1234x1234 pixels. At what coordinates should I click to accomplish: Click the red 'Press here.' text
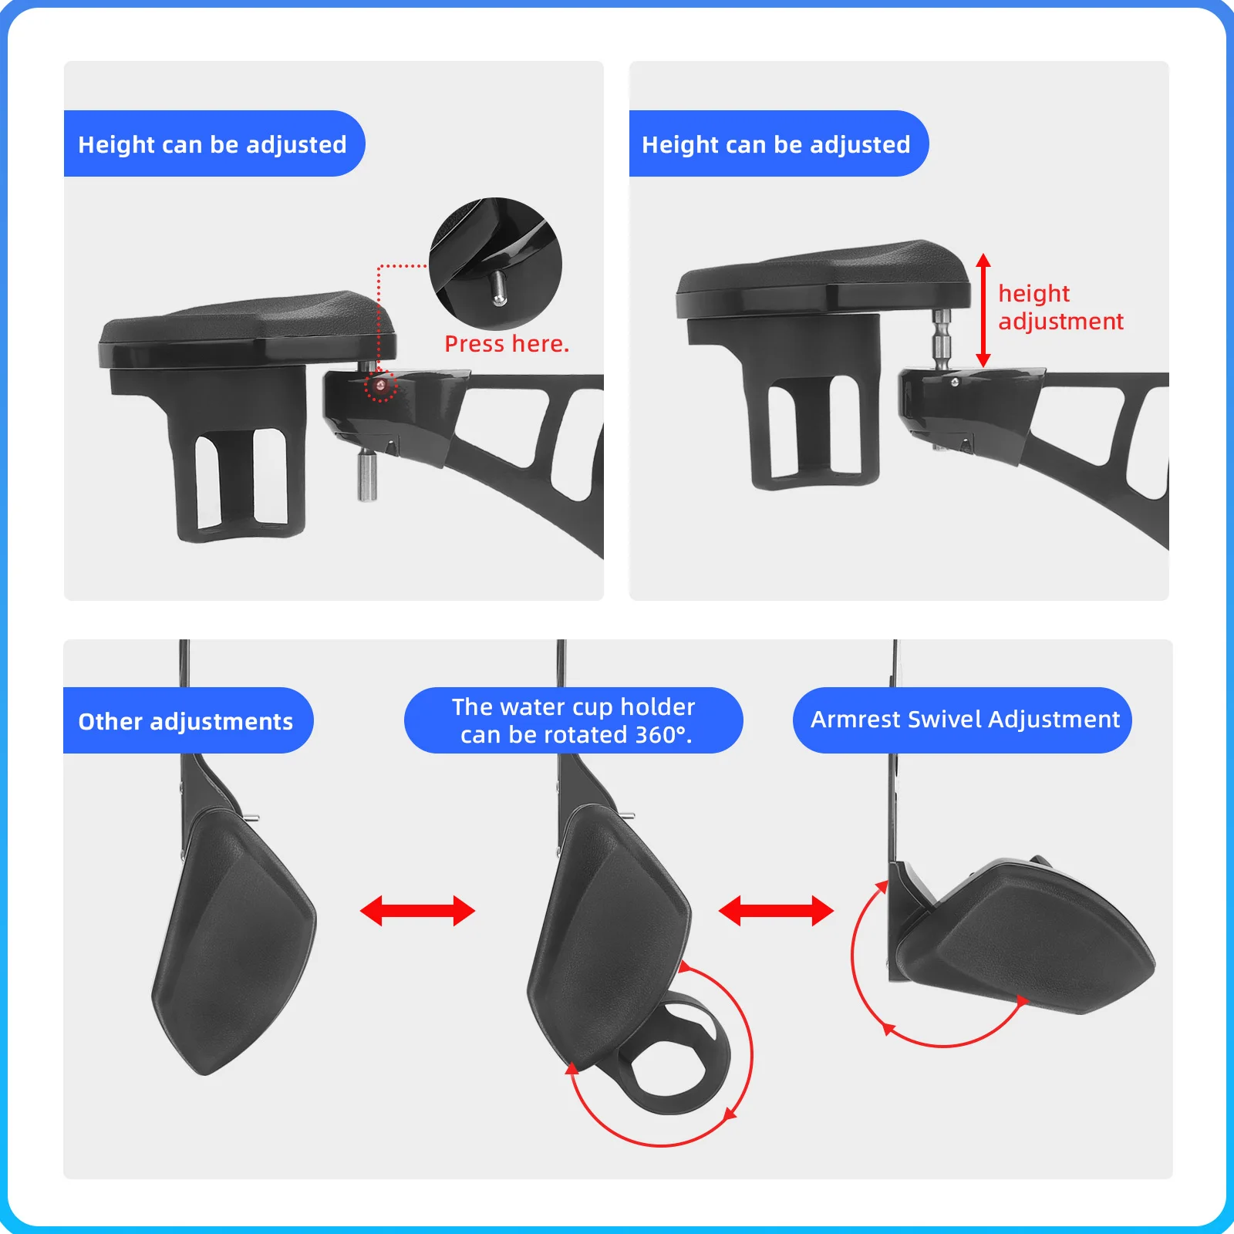click(507, 344)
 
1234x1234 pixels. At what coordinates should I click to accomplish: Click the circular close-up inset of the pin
click(495, 264)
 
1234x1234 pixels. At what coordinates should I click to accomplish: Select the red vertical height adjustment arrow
click(983, 310)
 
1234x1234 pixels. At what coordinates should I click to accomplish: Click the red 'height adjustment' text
click(1060, 307)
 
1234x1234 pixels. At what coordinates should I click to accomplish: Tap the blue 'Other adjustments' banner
click(187, 720)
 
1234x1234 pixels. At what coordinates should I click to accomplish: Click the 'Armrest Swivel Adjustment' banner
click(963, 720)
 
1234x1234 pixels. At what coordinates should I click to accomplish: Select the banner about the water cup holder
click(573, 720)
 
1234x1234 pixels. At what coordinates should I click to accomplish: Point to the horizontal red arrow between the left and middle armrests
click(417, 911)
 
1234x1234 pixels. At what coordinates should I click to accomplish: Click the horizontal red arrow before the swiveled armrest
click(776, 911)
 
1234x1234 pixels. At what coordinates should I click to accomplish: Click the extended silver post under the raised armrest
click(942, 339)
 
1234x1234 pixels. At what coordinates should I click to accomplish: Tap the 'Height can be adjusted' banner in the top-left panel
click(214, 143)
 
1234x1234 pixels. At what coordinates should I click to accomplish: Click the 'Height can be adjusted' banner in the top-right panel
click(778, 143)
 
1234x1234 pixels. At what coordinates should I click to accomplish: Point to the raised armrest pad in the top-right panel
click(823, 278)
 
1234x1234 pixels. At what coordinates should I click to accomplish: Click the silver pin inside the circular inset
click(499, 287)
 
